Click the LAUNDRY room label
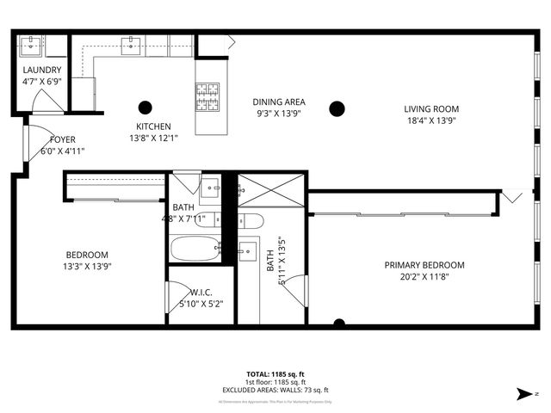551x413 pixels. pyautogui.click(x=42, y=70)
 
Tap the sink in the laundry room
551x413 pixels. pyautogui.click(x=31, y=45)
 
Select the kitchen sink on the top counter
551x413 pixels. pyautogui.click(x=132, y=45)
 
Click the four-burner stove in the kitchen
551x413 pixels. pyautogui.click(x=207, y=96)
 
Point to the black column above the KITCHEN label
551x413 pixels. pyautogui.click(x=144, y=108)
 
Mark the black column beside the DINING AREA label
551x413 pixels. pyautogui.click(x=337, y=108)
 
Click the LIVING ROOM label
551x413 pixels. pyautogui.click(x=431, y=109)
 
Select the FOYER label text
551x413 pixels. pyautogui.click(x=62, y=139)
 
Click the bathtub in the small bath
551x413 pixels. pyautogui.click(x=195, y=250)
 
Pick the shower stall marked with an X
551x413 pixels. pyautogui.click(x=271, y=189)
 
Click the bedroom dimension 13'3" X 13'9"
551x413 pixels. pyautogui.click(x=88, y=266)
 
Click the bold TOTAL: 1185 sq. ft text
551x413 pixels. pyautogui.click(x=275, y=374)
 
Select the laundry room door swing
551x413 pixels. pyautogui.click(x=46, y=102)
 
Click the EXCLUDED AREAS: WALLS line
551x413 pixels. pyautogui.click(x=275, y=390)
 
